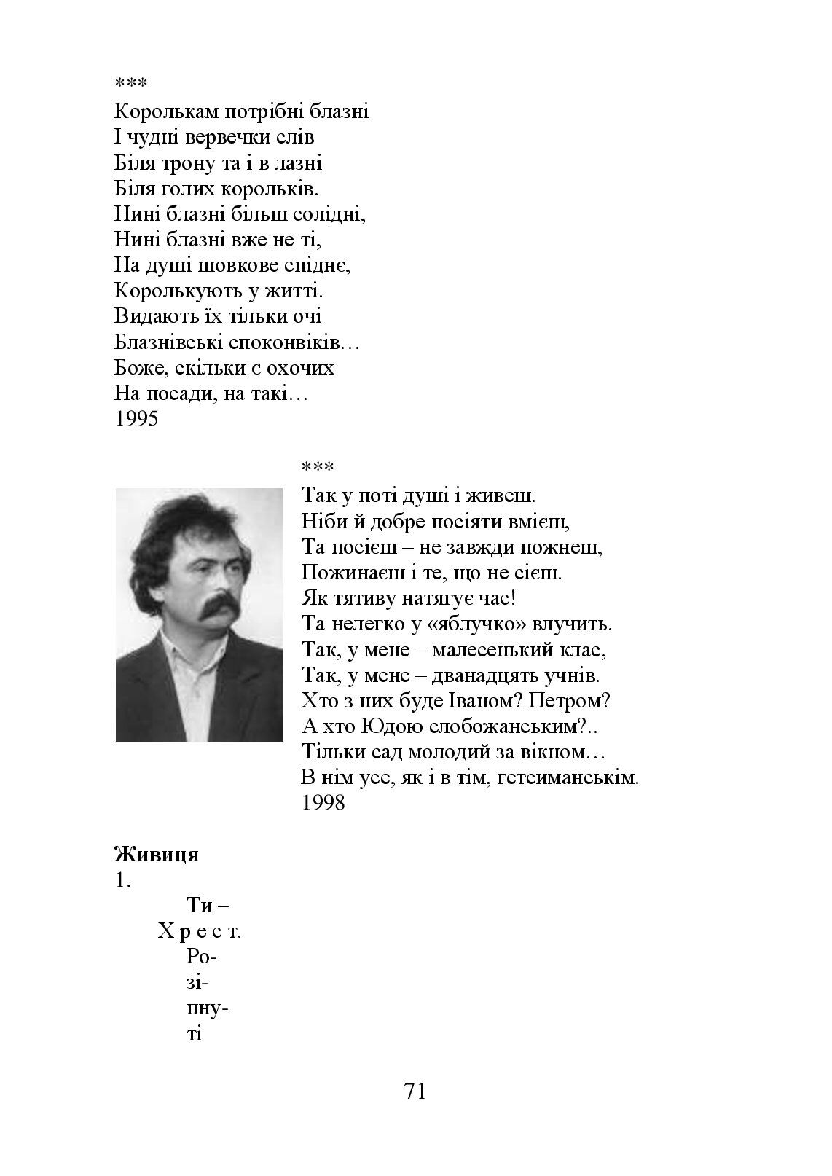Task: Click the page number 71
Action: pos(415,1091)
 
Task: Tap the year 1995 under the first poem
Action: pos(136,420)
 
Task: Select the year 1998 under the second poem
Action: pos(323,803)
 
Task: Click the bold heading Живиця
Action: pos(157,854)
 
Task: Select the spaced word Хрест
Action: pos(200,932)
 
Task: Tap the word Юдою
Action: pos(391,726)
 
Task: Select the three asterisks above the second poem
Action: pos(318,467)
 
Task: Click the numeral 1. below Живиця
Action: pos(122,880)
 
